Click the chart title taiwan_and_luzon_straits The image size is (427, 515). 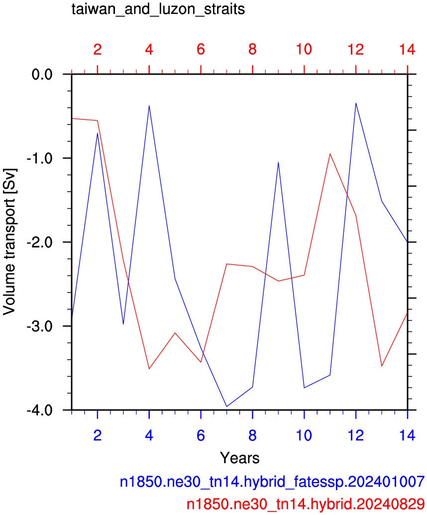[x=158, y=9]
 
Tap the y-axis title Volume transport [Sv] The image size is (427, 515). [x=9, y=242]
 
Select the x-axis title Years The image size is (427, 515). [x=240, y=458]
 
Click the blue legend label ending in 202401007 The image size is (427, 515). [x=272, y=482]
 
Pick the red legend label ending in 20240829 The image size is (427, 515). [x=306, y=504]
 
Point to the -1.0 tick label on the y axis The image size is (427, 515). [x=39, y=158]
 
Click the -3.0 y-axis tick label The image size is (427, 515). [x=39, y=326]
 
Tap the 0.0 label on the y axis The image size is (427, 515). [x=42, y=75]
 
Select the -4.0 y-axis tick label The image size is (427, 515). [x=39, y=410]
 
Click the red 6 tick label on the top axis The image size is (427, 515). [x=201, y=50]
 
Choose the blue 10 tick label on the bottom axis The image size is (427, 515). [x=304, y=435]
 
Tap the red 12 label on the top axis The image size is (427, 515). [x=356, y=50]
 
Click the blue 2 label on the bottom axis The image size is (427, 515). [x=98, y=435]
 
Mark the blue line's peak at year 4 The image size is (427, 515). [x=149, y=106]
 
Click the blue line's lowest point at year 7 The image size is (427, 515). [x=226, y=407]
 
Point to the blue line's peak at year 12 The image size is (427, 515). [x=356, y=103]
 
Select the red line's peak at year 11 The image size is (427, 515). [x=330, y=154]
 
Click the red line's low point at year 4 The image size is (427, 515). [x=149, y=369]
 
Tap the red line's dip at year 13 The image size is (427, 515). [x=382, y=366]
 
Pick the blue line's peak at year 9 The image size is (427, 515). [x=278, y=162]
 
